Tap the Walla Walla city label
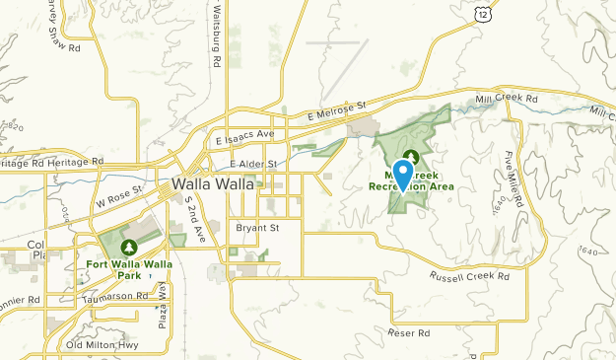[x=213, y=184]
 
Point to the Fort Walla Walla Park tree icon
[x=127, y=245]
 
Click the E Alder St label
[x=253, y=163]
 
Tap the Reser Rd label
[x=410, y=333]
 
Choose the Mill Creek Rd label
[x=505, y=100]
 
